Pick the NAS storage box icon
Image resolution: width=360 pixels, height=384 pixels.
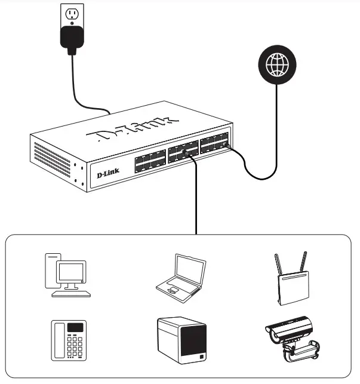pos(181,342)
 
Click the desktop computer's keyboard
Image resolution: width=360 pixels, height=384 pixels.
pos(71,293)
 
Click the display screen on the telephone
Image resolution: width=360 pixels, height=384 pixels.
pos(75,328)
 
